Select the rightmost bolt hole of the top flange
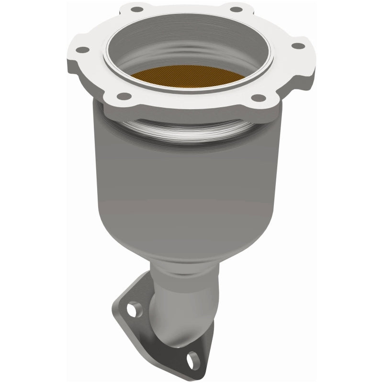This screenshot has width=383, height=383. click(298, 46)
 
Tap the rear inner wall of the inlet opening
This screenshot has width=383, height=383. click(201, 38)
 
